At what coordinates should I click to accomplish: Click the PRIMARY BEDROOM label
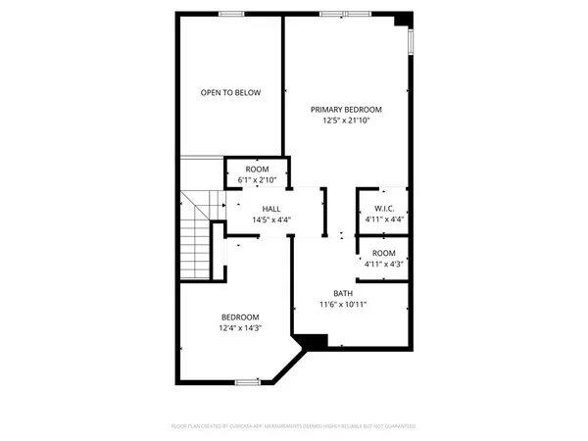(346, 110)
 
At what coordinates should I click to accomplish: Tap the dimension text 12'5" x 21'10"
(346, 121)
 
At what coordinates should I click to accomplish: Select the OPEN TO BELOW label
(231, 93)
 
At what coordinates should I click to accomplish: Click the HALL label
(272, 210)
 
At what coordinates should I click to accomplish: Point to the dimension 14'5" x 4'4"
(272, 220)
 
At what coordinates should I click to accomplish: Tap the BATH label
(343, 293)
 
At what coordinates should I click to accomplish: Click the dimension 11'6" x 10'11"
(343, 304)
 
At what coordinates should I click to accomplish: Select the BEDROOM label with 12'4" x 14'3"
(240, 317)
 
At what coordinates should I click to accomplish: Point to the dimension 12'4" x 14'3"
(240, 327)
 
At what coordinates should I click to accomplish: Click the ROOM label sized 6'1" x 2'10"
(257, 170)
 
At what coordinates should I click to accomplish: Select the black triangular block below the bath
(313, 342)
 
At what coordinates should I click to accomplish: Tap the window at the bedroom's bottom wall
(247, 382)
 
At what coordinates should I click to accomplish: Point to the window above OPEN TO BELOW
(231, 14)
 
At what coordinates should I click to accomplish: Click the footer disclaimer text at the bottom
(294, 427)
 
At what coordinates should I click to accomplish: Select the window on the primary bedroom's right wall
(411, 40)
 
